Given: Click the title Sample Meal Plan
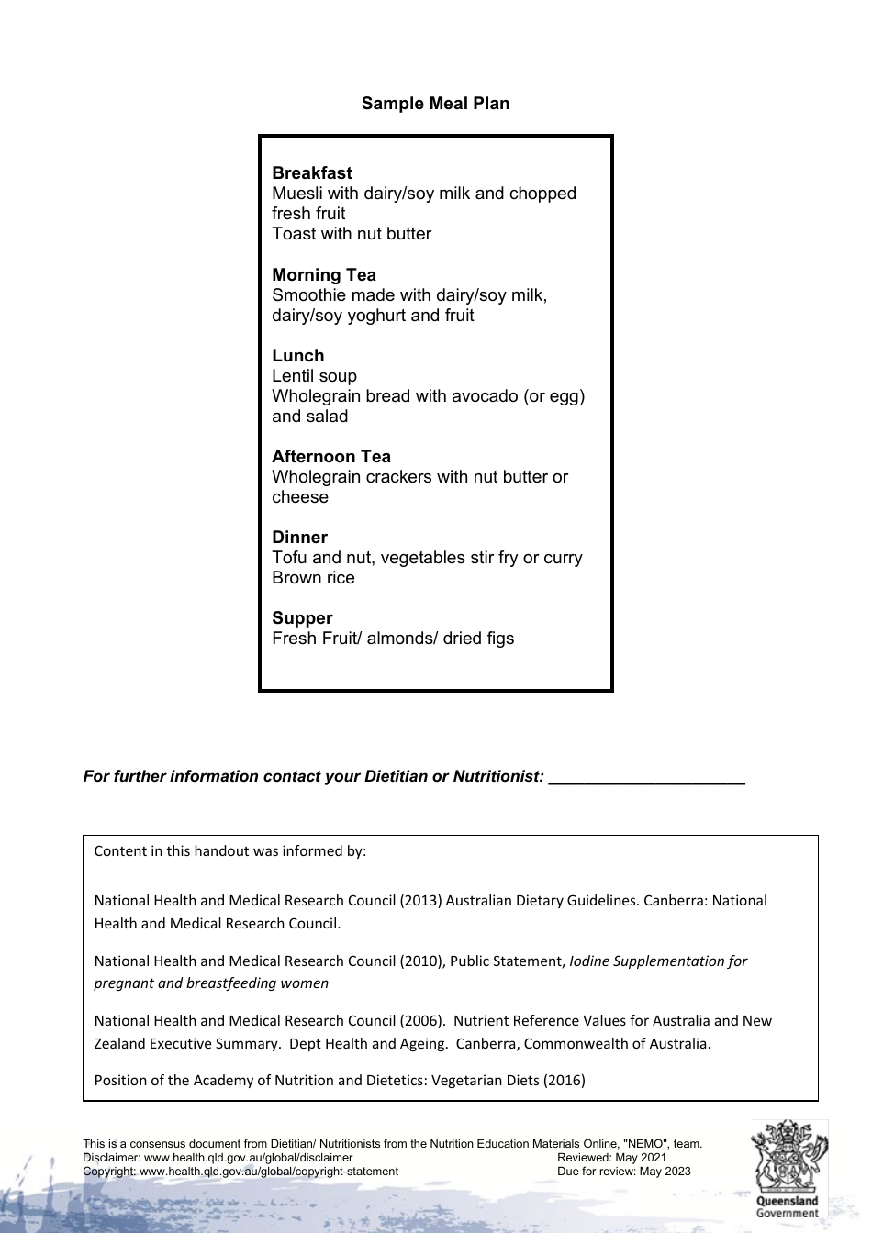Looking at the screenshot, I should pyautogui.click(x=435, y=104).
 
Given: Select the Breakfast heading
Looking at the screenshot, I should pyautogui.click(x=311, y=173).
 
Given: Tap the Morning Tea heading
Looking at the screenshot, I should pyautogui.click(x=323, y=275).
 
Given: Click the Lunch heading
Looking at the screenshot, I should pyautogui.click(x=297, y=356).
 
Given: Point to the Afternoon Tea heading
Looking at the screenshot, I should pyautogui.click(x=330, y=457).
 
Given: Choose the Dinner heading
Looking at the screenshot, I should pyautogui.click(x=299, y=538).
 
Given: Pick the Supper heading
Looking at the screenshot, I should pyautogui.click(x=302, y=618).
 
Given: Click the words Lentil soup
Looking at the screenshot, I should pyautogui.click(x=314, y=376).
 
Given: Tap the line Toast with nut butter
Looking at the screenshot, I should pyautogui.click(x=351, y=234).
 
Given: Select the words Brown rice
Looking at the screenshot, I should pyautogui.click(x=313, y=578).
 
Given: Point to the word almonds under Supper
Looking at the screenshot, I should pyautogui.click(x=399, y=639).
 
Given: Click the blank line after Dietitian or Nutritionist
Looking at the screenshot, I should pyautogui.click(x=646, y=778).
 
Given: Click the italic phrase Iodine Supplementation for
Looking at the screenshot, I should pyautogui.click(x=658, y=961).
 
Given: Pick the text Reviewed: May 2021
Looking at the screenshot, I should pyautogui.click(x=611, y=1158).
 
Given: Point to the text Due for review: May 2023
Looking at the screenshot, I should pyautogui.click(x=623, y=1172).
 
